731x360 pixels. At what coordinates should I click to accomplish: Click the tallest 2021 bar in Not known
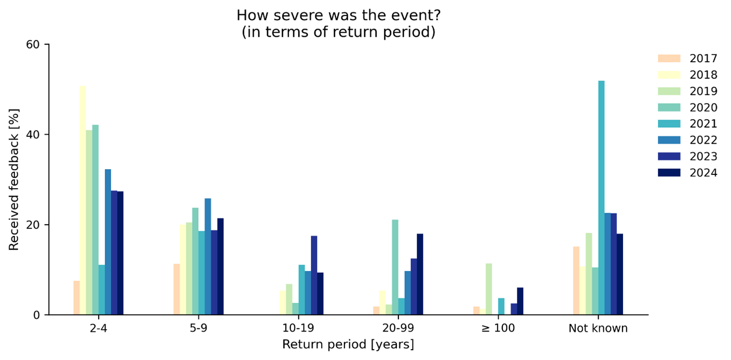pos(601,198)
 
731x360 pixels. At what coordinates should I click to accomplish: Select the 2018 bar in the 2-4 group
pos(83,200)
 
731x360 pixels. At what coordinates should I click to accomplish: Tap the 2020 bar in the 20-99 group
pos(395,267)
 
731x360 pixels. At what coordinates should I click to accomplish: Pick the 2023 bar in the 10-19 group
pos(314,275)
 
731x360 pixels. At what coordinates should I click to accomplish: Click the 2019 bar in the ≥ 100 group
pos(489,289)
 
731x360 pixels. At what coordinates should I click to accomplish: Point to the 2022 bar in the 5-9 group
pos(208,257)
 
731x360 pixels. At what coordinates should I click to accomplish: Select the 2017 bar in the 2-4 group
pos(77,298)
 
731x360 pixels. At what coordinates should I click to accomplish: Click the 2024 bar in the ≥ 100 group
pos(520,301)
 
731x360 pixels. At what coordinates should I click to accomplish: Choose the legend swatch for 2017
pos(669,59)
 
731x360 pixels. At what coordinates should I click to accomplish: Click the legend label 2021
pos(704,123)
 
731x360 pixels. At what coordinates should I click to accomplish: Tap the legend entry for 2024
pos(687,173)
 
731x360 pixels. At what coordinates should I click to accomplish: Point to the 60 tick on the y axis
pos(47,44)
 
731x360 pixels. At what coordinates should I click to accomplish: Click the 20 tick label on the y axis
pos(33,225)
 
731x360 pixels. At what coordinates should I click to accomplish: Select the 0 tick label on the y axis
pos(36,315)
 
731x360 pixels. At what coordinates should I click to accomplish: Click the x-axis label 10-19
pos(298,328)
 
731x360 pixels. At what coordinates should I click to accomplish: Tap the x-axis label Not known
pos(598,328)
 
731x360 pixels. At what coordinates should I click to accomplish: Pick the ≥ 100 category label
pos(498,328)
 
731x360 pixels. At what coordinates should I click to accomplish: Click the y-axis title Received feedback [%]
pos(13,179)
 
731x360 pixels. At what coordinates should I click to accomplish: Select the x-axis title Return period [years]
pos(348,344)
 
